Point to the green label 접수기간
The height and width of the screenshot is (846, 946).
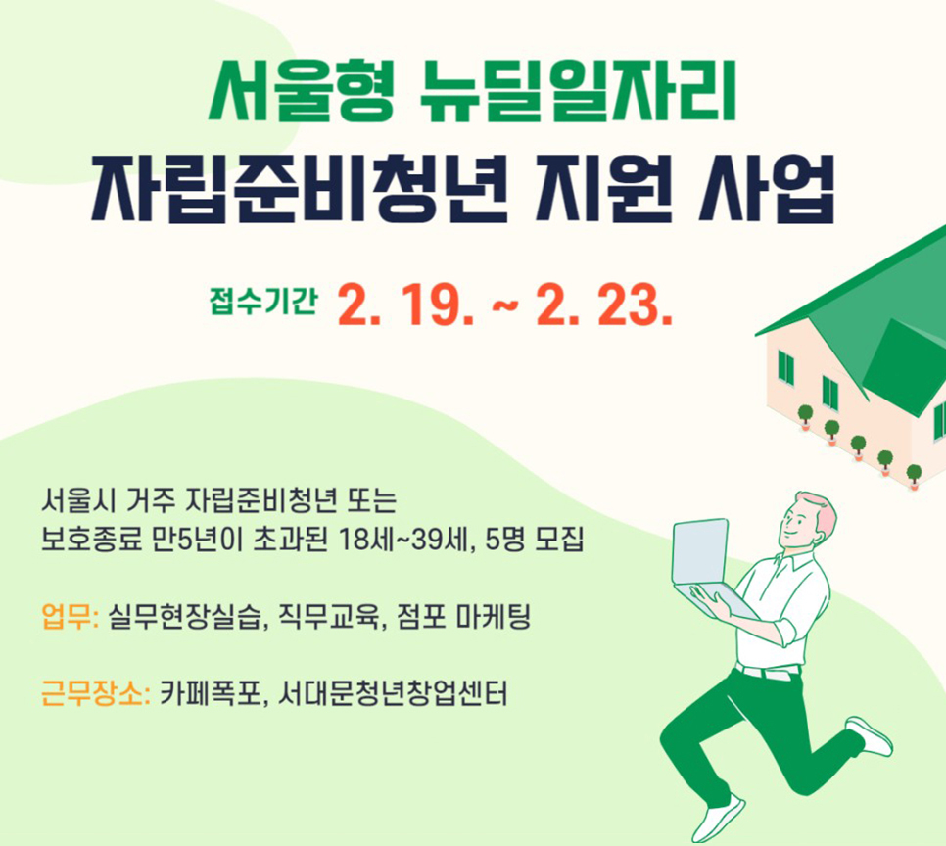[x=263, y=302]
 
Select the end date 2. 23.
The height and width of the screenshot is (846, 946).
[x=604, y=305]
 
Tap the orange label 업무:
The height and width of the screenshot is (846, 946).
[x=71, y=617]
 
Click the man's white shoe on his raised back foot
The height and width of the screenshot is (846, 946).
[x=869, y=736]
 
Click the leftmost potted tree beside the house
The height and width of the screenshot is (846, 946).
[x=805, y=417]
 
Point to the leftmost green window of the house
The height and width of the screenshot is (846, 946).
[x=786, y=367]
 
